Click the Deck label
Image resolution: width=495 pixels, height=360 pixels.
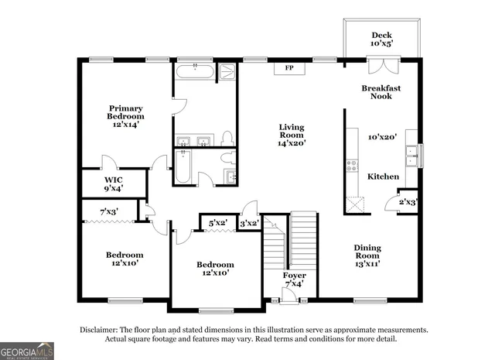(381, 35)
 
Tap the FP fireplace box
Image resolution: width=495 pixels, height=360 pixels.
(289, 69)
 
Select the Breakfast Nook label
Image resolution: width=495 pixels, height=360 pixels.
(381, 92)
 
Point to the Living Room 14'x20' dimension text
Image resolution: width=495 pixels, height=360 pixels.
(292, 142)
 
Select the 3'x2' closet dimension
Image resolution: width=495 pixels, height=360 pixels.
(248, 224)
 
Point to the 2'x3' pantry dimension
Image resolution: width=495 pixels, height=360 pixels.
(408, 202)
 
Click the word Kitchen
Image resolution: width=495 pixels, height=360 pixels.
(383, 177)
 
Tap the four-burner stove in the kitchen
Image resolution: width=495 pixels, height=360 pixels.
(352, 165)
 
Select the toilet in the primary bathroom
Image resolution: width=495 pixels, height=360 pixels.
(227, 138)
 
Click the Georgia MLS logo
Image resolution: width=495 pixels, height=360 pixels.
(27, 351)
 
